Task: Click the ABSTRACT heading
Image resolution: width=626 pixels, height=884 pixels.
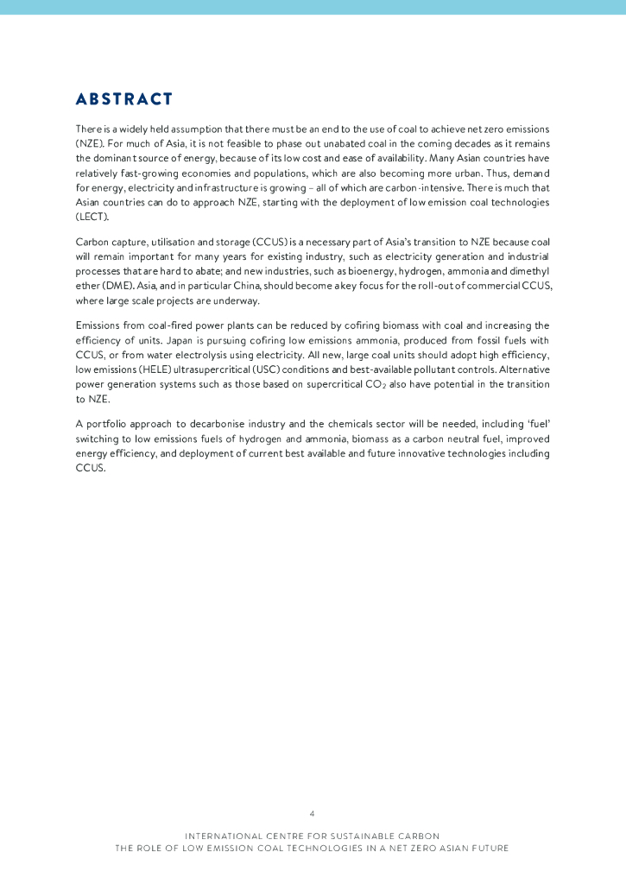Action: click(x=124, y=99)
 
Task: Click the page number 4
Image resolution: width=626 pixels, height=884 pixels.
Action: click(x=312, y=813)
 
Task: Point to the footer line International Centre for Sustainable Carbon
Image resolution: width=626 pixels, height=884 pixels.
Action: click(x=312, y=836)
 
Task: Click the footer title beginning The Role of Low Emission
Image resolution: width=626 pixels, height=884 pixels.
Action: click(x=312, y=849)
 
